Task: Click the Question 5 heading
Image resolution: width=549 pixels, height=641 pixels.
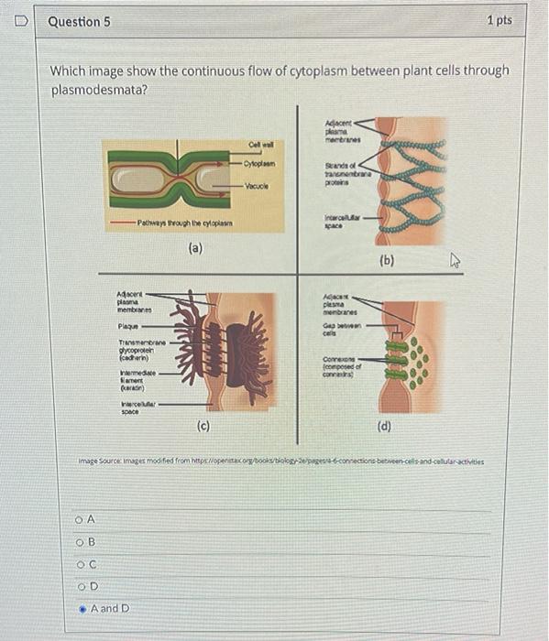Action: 79,21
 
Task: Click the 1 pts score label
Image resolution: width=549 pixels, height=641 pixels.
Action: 500,20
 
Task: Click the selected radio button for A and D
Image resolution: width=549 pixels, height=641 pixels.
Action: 82,608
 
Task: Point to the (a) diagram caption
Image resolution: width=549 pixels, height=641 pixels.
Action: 195,247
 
